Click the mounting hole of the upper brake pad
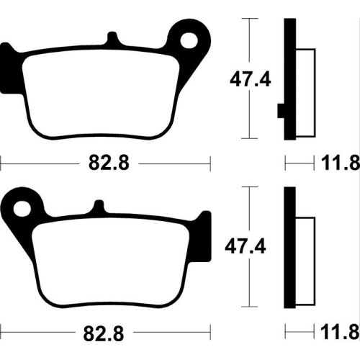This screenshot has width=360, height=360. tap(189, 41)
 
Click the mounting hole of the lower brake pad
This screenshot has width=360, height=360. tap(22, 209)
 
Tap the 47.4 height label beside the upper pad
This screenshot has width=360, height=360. tap(251, 80)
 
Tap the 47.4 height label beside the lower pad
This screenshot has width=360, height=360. tap(246, 246)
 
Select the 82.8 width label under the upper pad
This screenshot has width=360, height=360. tap(109, 163)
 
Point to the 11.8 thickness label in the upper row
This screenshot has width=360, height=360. tap(341, 163)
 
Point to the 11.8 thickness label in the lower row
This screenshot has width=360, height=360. tap(341, 332)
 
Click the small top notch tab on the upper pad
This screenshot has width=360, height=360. tap(112, 38)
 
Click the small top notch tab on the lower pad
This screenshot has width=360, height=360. tap(99, 207)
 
